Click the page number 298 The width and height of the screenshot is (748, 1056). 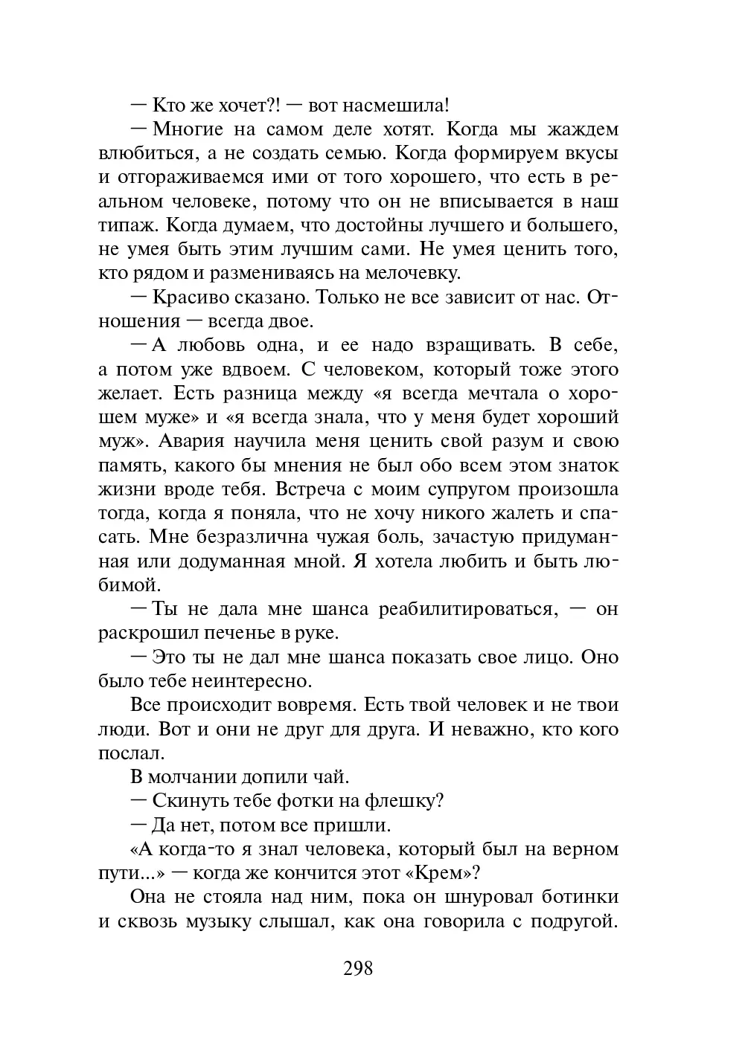point(357,968)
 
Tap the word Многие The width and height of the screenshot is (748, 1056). point(188,129)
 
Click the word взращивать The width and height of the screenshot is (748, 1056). point(470,345)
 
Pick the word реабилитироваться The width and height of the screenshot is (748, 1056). point(467,609)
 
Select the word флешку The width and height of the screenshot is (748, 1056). point(410,801)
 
